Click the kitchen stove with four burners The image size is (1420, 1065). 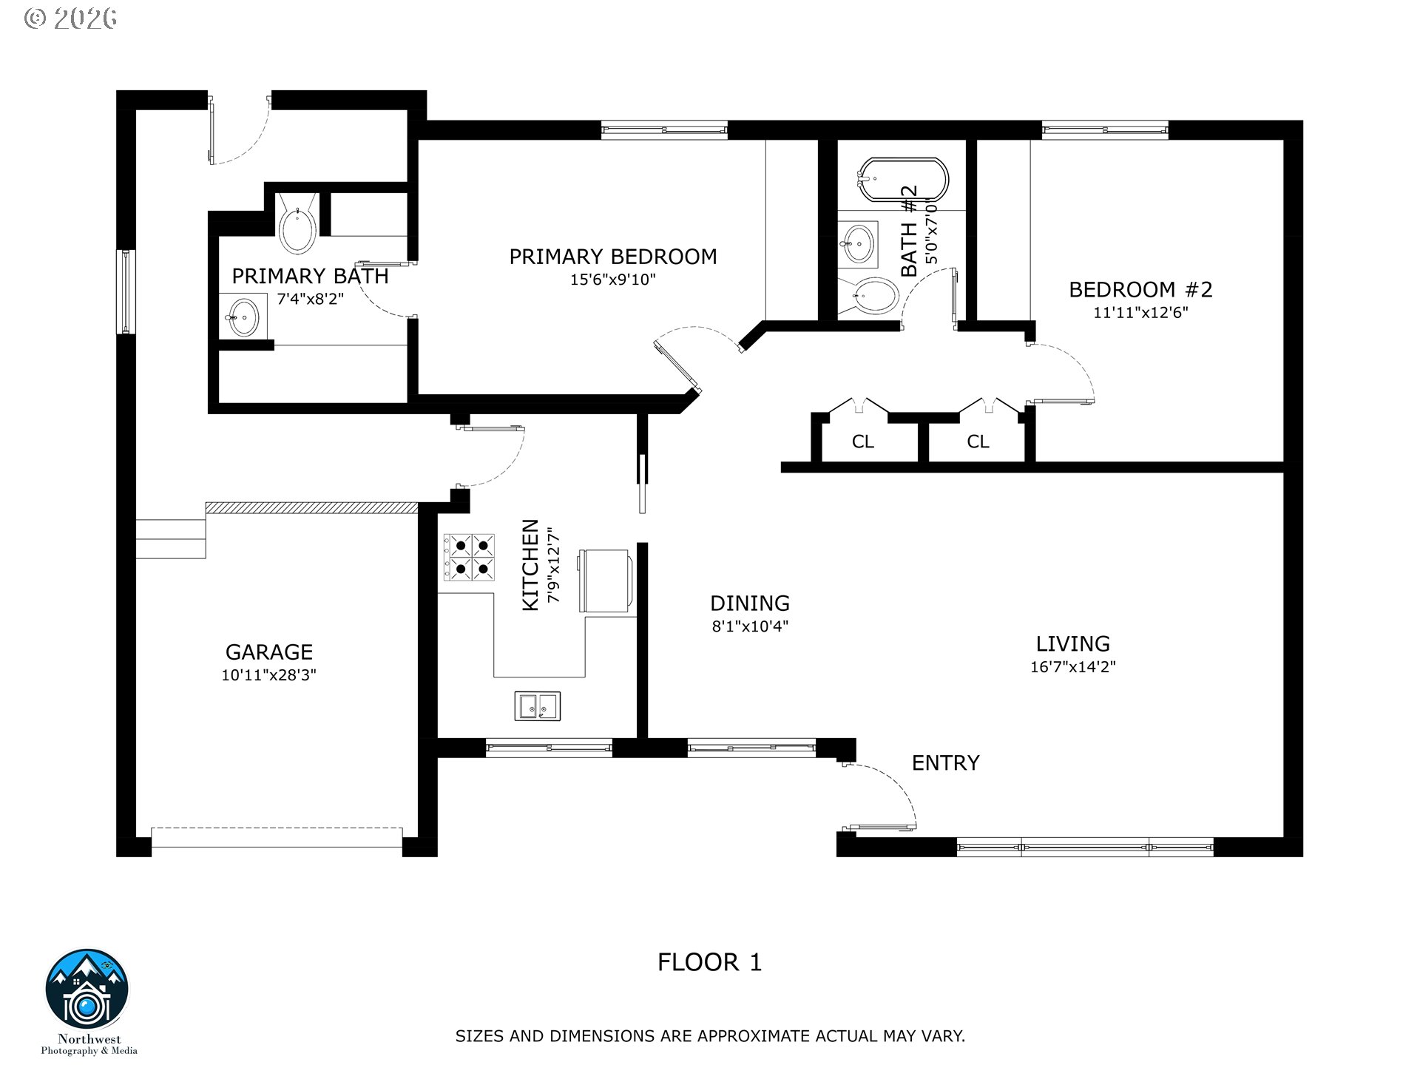(469, 557)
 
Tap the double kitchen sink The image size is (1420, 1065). (538, 706)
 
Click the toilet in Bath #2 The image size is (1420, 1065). (873, 297)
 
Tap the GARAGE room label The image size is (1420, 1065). (268, 652)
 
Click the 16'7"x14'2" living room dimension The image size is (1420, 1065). (1072, 667)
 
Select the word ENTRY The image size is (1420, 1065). (945, 763)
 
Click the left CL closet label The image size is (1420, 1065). (862, 442)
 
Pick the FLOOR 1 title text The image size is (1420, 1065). (709, 962)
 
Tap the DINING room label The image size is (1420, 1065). (749, 603)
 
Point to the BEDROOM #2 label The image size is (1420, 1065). (1140, 289)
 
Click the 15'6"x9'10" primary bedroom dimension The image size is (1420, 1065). (612, 280)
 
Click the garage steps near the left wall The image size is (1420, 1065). (170, 538)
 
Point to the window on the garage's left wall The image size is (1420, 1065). (126, 291)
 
